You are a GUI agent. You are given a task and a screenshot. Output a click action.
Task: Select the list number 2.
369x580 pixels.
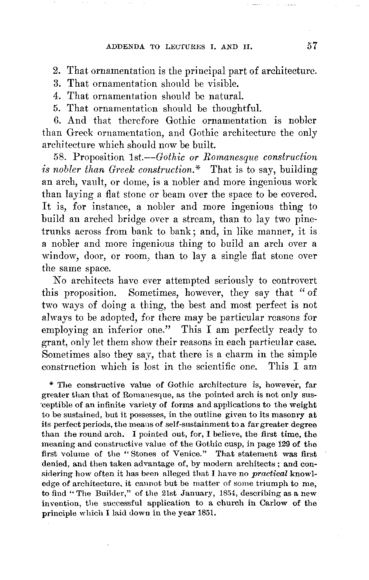click(x=56, y=70)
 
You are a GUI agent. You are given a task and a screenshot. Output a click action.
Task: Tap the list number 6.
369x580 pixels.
click(x=56, y=121)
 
